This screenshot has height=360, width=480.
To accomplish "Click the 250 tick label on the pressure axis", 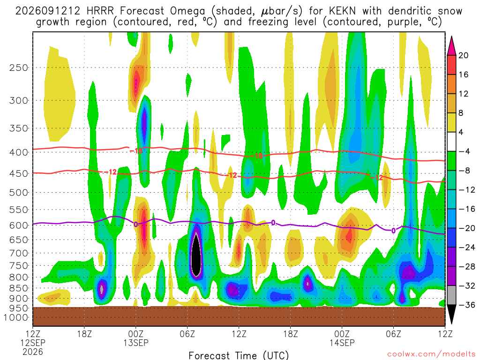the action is pyautogui.click(x=19, y=67).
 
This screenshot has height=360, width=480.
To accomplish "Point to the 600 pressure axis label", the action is pyautogui.click(x=19, y=225).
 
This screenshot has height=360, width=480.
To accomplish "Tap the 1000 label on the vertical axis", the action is pyautogui.click(x=16, y=317).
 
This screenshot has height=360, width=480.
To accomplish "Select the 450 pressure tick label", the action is pyautogui.click(x=19, y=173).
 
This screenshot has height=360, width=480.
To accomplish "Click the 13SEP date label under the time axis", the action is pyautogui.click(x=136, y=343).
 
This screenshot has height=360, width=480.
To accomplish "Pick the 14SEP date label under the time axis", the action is pyautogui.click(x=342, y=343).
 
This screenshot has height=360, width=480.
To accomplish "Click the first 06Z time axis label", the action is pyautogui.click(x=187, y=333).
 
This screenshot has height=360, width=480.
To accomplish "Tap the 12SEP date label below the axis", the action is pyautogui.click(x=33, y=343).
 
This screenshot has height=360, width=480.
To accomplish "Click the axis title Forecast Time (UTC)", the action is pyautogui.click(x=239, y=355).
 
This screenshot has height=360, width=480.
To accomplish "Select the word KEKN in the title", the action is pyautogui.click(x=342, y=11).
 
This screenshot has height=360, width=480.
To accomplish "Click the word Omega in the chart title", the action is pyautogui.click(x=187, y=12).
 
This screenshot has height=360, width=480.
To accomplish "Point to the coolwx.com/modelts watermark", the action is pyautogui.click(x=431, y=354).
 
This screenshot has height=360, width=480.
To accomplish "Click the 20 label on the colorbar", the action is pyautogui.click(x=463, y=55).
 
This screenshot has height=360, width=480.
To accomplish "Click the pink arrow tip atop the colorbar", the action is pyautogui.click(x=451, y=37).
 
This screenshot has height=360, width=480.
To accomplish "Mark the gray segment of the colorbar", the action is pyautogui.click(x=451, y=295).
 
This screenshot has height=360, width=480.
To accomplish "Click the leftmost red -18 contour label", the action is pyautogui.click(x=136, y=150).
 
